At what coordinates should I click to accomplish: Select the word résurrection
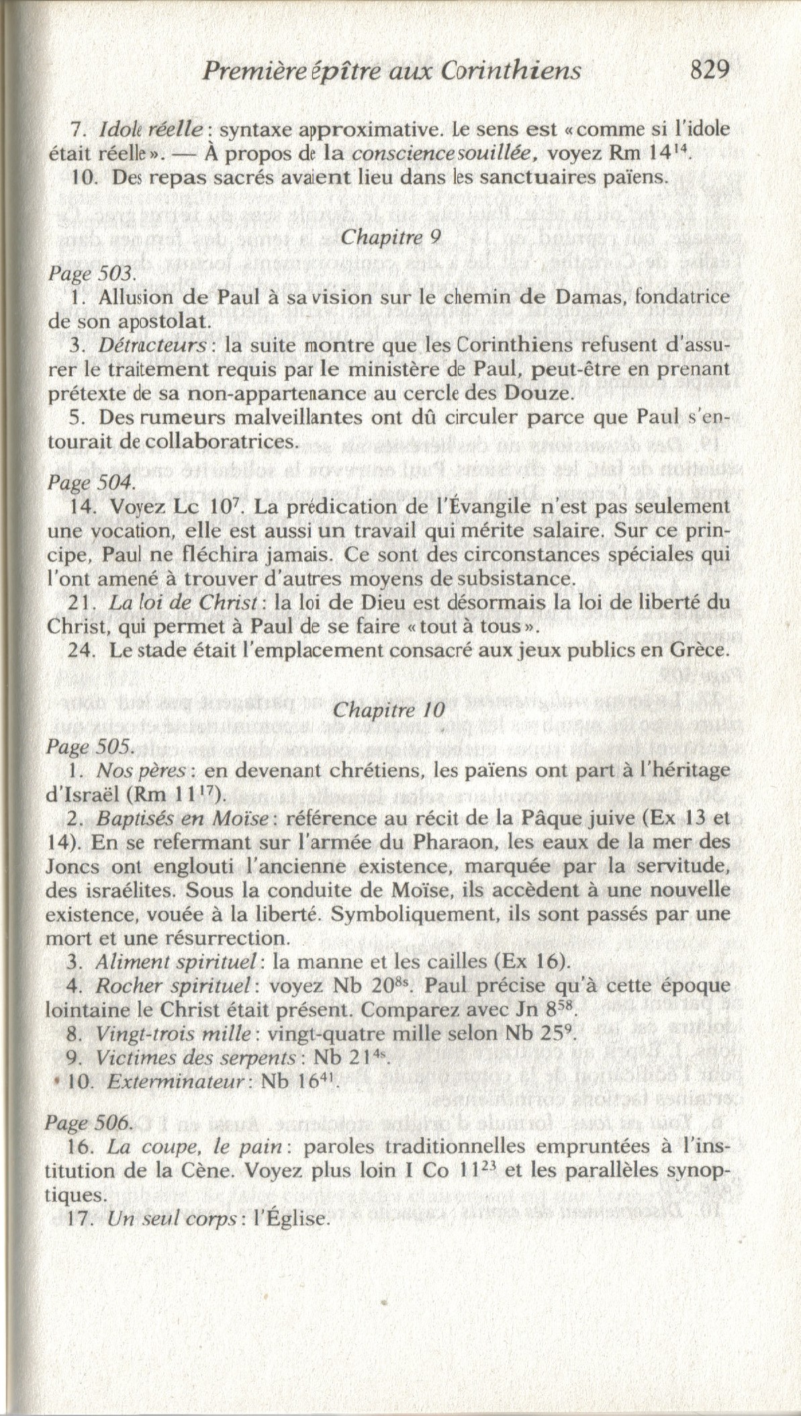pos(224,938)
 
